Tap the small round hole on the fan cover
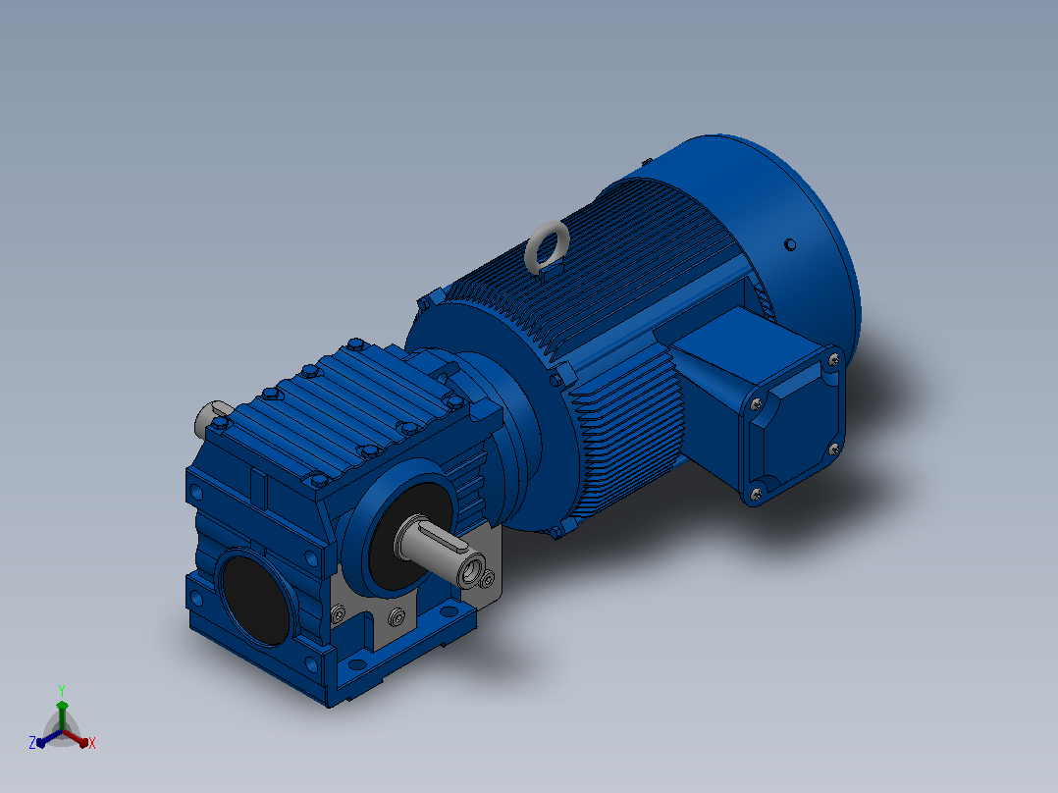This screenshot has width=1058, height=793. pos(790,245)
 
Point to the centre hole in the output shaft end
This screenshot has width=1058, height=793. pos(470,571)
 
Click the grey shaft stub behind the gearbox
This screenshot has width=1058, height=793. pos(212,417)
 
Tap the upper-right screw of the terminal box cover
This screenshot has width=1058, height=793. pos(833,360)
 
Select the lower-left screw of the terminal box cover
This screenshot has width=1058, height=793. pos(756,495)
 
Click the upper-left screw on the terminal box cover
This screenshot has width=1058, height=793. pos(756,403)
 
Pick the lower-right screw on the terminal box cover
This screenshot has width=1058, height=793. pos(833,449)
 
